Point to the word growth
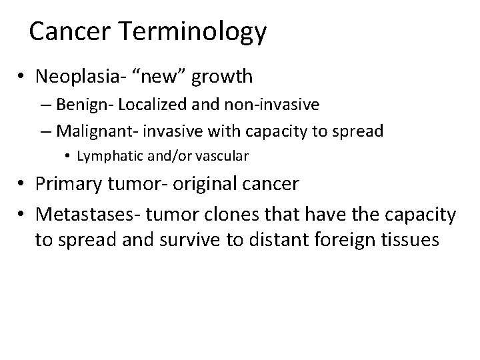(222, 77)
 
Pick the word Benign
(79, 105)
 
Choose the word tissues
(408, 240)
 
